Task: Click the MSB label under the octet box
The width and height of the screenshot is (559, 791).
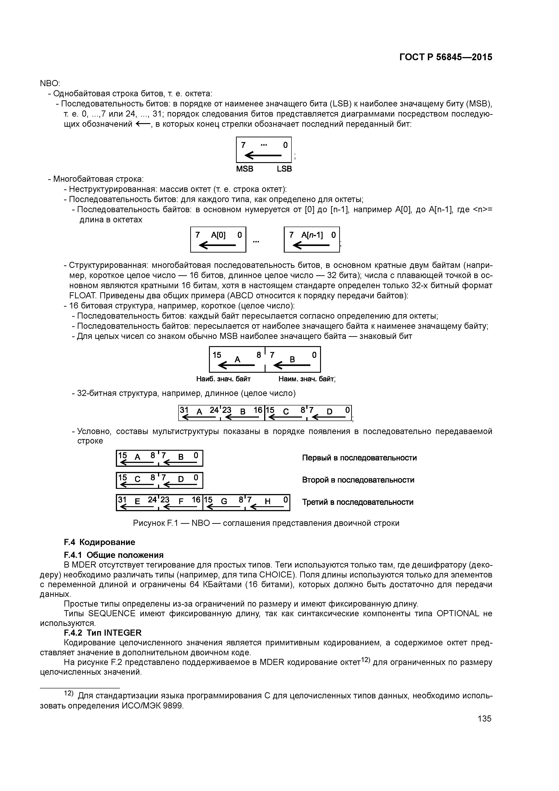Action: pos(245,169)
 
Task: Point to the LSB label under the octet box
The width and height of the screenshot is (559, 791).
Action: pos(284,169)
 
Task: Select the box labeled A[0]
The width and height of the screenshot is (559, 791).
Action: pos(218,239)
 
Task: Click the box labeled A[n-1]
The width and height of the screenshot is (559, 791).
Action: pos(312,239)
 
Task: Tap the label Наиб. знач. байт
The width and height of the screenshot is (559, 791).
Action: pos(223,379)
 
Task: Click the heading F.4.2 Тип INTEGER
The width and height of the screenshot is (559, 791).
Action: pos(103,632)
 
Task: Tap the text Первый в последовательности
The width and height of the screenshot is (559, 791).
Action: pos(359,458)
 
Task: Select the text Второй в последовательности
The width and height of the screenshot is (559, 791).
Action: pos(358,480)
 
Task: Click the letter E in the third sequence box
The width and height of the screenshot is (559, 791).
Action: pos(137,502)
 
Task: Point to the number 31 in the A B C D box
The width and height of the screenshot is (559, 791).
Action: pos(184,410)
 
